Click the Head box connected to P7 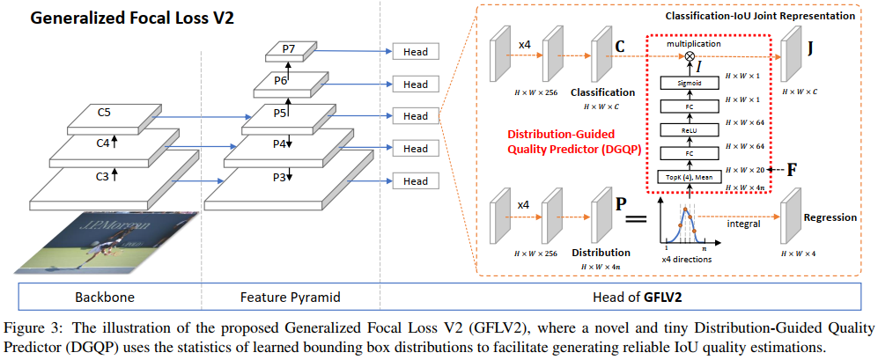pos(415,52)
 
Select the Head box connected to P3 pos(415,180)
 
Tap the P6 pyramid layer pos(281,81)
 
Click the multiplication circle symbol pos(690,55)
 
